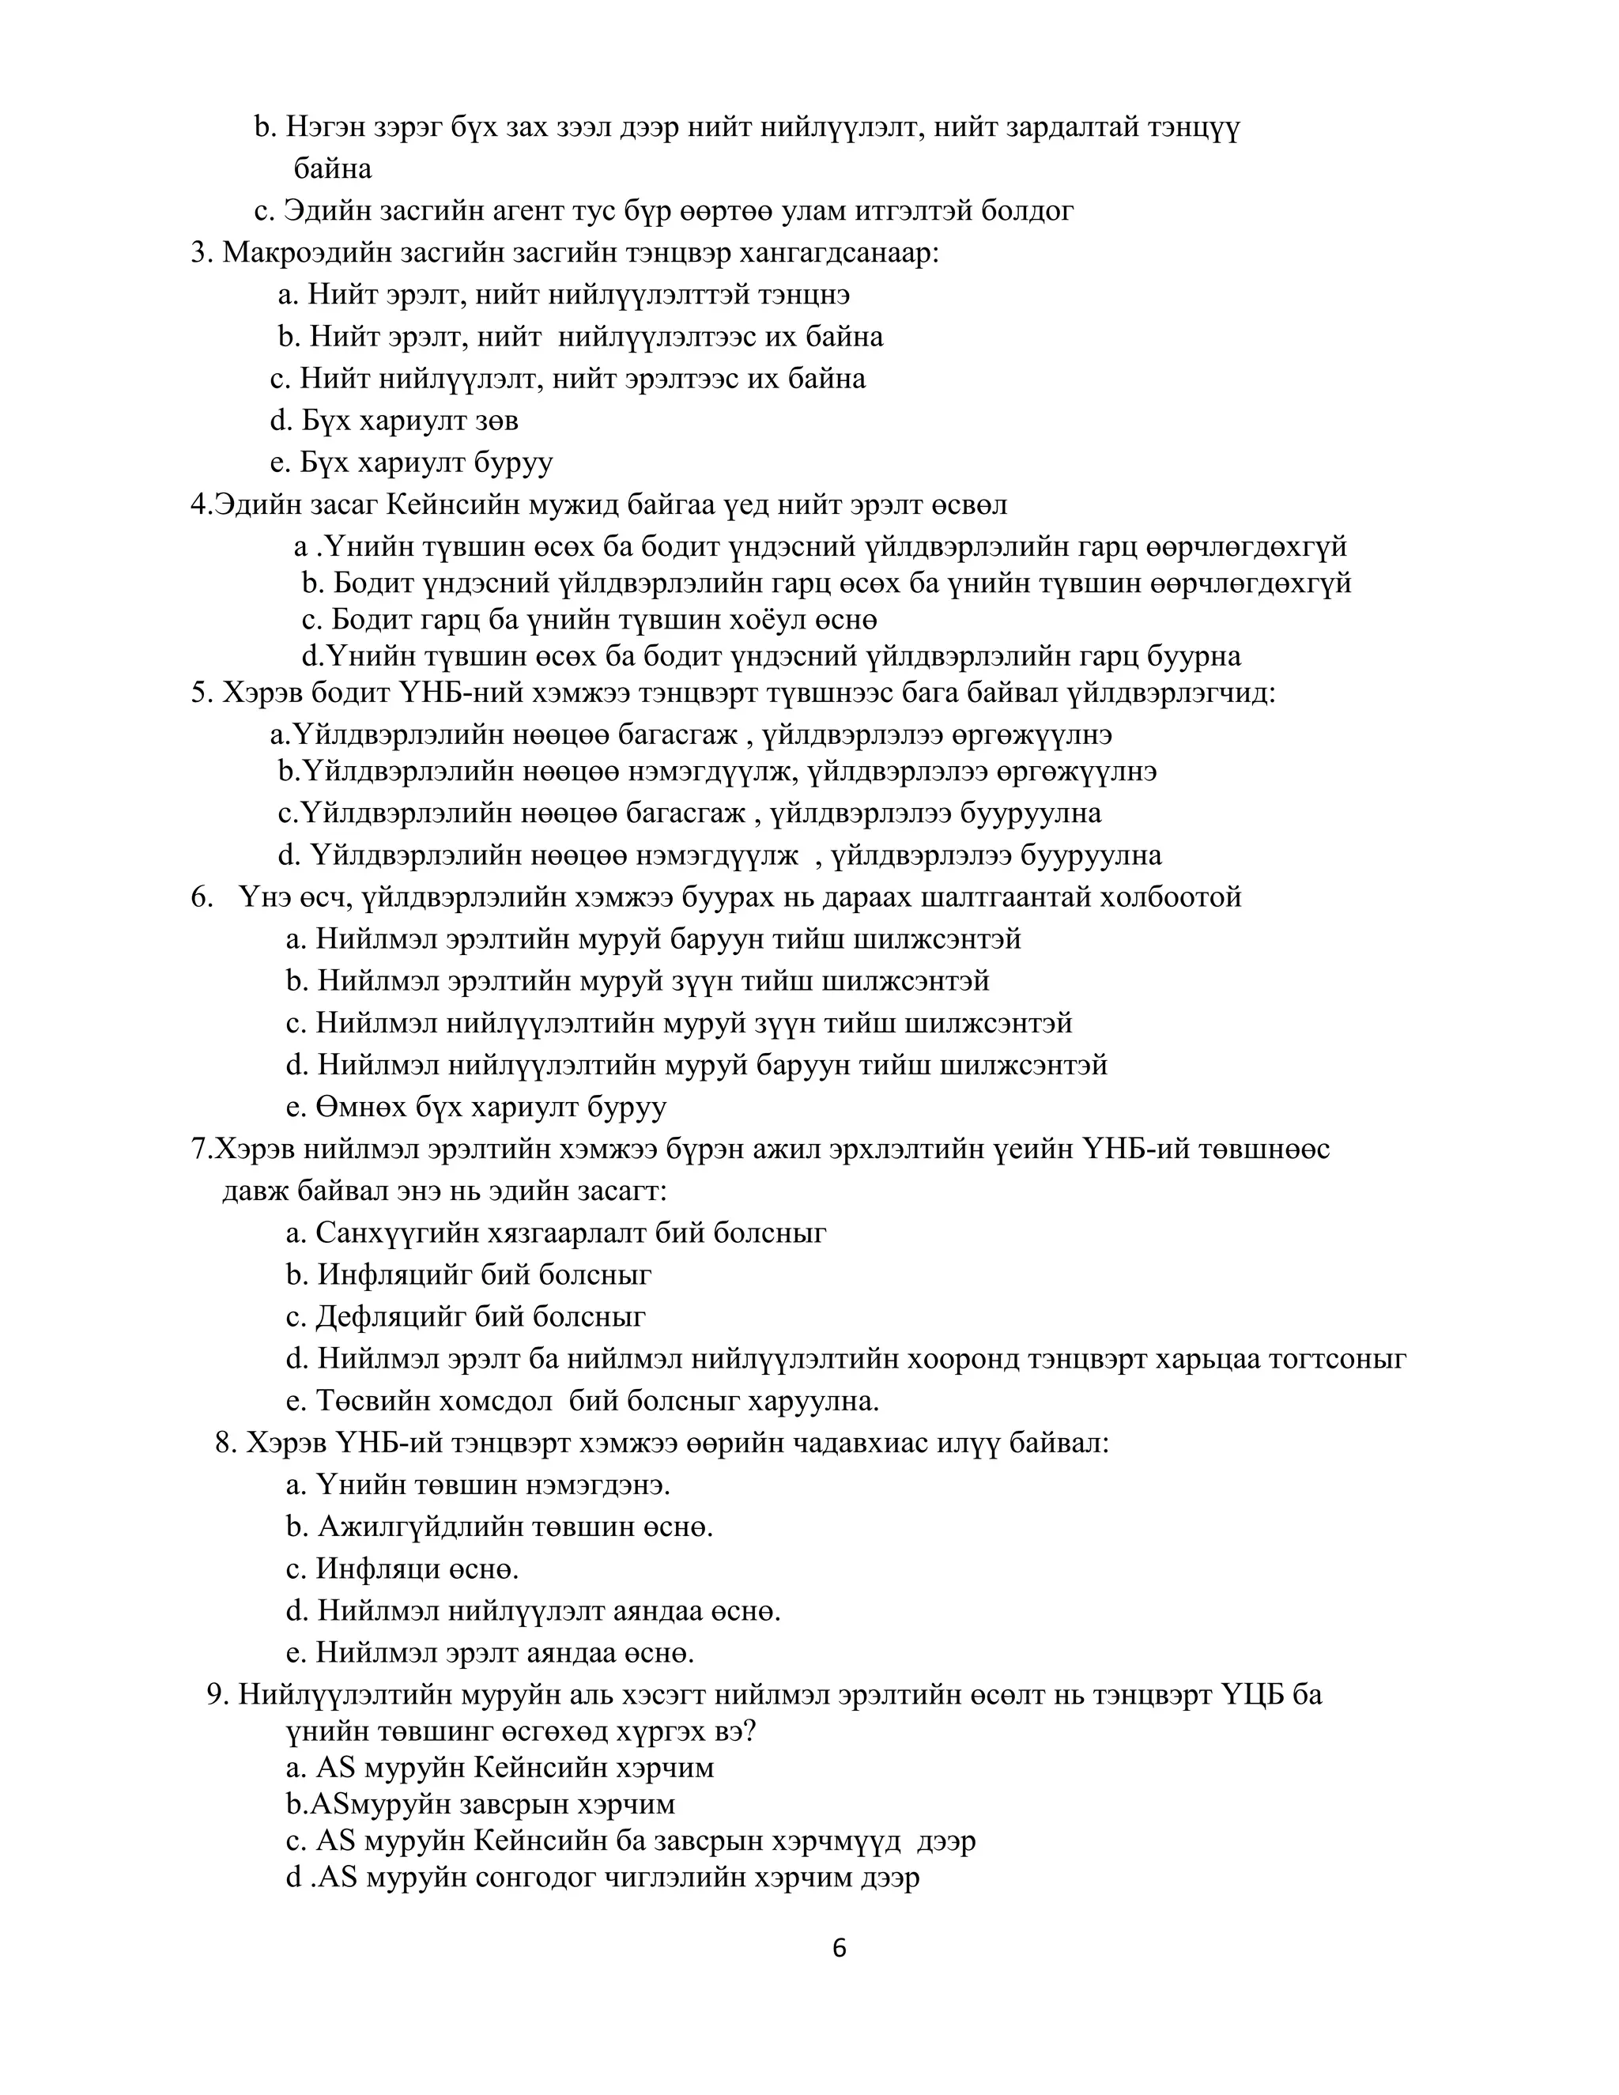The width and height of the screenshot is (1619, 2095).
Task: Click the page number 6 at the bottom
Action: (840, 1948)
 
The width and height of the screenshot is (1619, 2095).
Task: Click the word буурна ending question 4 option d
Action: (1196, 656)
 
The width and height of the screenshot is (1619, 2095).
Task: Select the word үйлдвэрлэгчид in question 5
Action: (1172, 693)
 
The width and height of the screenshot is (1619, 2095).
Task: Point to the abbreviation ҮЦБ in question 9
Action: (1253, 1695)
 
